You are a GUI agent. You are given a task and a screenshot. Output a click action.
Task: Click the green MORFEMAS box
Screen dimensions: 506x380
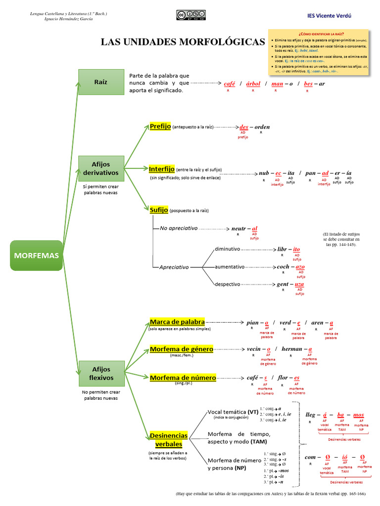click(36, 255)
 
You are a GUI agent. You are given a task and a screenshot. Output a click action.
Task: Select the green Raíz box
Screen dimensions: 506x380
click(101, 82)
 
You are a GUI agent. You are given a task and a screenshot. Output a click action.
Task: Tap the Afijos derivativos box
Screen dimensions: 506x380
click(101, 169)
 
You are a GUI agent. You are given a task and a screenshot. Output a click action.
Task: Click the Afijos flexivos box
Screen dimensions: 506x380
click(101, 374)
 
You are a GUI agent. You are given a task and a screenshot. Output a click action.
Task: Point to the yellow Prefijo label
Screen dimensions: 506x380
click(160, 126)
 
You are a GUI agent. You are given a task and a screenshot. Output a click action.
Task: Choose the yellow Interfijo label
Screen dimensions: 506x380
click(162, 169)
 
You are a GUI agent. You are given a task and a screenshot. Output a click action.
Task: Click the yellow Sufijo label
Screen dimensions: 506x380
click(159, 210)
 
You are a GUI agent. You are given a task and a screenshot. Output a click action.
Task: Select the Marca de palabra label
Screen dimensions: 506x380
click(177, 322)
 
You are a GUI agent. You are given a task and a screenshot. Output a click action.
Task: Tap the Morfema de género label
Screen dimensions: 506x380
click(181, 349)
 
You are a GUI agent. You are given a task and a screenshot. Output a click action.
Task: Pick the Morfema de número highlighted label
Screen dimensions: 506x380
click(183, 378)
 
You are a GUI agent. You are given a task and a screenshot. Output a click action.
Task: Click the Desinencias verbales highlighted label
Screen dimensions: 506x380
click(168, 440)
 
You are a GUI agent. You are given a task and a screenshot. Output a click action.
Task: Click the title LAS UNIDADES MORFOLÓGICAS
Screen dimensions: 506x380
click(183, 42)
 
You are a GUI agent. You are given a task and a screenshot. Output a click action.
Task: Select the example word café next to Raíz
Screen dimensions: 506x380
click(229, 84)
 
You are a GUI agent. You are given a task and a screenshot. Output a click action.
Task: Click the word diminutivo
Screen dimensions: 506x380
click(227, 249)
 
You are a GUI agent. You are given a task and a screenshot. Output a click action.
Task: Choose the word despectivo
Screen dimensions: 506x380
click(227, 284)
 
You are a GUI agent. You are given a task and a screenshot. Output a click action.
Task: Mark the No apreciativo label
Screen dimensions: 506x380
click(179, 228)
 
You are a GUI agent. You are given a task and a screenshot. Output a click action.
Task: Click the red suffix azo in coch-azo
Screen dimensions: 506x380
click(300, 267)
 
